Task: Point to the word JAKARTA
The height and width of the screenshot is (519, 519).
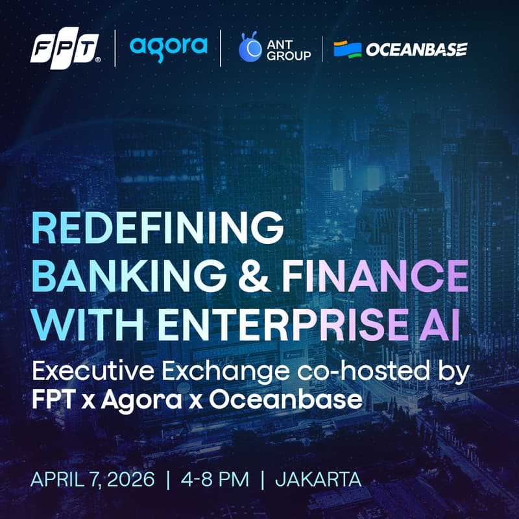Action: (318, 480)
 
